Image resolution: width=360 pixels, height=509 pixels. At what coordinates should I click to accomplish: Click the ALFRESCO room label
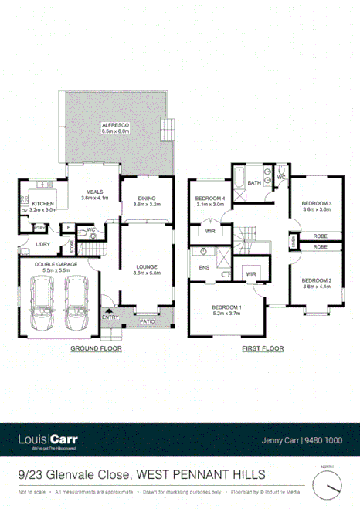113,125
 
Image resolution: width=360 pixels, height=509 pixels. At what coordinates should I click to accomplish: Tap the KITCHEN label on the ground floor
42,204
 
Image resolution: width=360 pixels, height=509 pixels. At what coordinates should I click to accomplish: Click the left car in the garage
42,304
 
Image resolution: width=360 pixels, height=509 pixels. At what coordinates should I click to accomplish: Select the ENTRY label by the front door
110,317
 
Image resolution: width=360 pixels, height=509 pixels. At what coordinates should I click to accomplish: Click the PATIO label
145,318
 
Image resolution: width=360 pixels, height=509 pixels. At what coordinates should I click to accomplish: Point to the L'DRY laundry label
42,245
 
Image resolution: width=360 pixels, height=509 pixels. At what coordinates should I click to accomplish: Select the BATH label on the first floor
254,184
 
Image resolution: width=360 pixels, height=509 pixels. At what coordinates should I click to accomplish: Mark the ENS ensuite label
205,268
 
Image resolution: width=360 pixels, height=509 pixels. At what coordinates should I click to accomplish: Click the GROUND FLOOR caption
97,348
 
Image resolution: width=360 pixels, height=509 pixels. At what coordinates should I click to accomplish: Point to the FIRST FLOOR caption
262,348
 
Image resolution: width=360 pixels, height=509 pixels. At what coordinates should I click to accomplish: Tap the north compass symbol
328,486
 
